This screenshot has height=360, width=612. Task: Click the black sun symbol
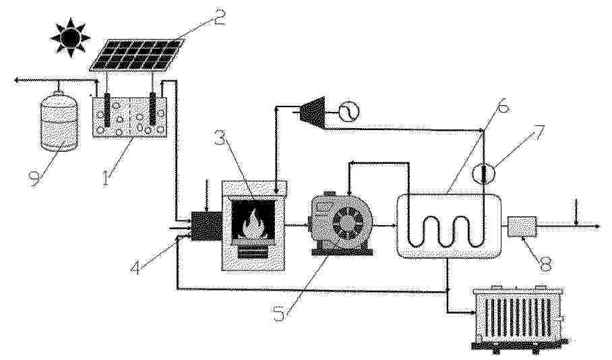(70, 38)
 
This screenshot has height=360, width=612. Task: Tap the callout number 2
(218, 17)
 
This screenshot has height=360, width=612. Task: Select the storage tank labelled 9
(59, 121)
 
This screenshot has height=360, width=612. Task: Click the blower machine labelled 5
(342, 224)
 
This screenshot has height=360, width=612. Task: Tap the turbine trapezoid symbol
(311, 112)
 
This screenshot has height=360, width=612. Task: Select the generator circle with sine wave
(348, 112)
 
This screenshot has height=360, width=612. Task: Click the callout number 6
(503, 105)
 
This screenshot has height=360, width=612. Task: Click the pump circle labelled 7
(483, 173)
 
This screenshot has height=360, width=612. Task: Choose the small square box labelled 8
(522, 227)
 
